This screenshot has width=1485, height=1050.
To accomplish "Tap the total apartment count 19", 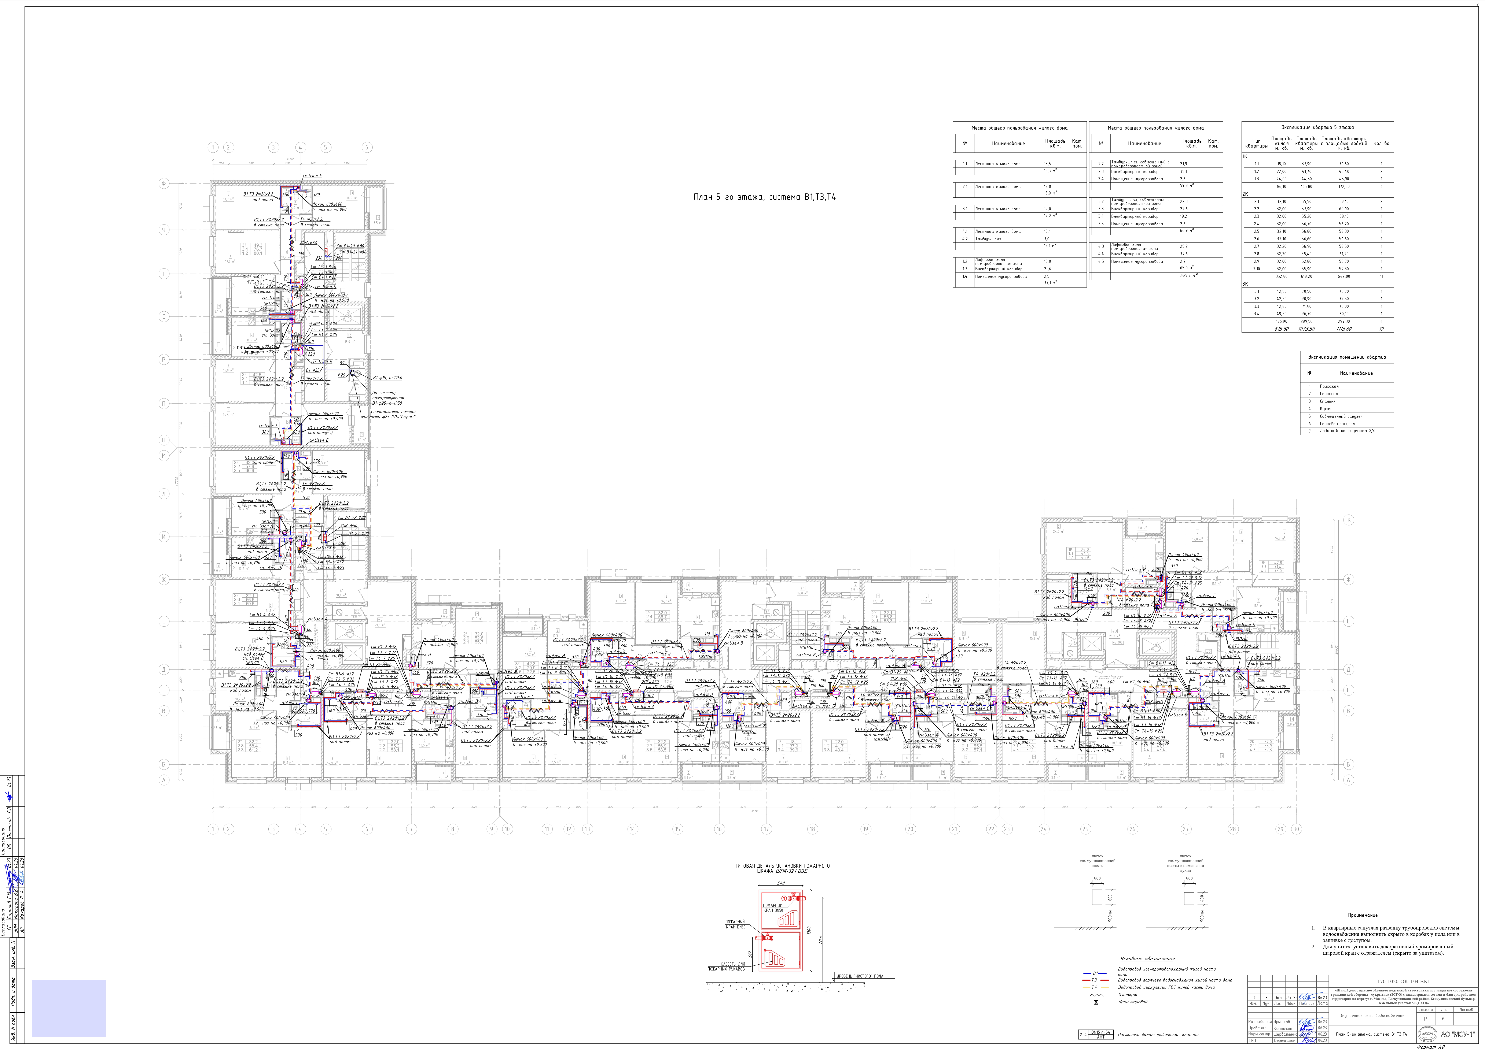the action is (1381, 329).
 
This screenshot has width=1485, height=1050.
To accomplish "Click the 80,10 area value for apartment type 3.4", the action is (1344, 313).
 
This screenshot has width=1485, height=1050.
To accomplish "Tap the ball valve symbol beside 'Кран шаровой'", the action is (1096, 1002).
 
